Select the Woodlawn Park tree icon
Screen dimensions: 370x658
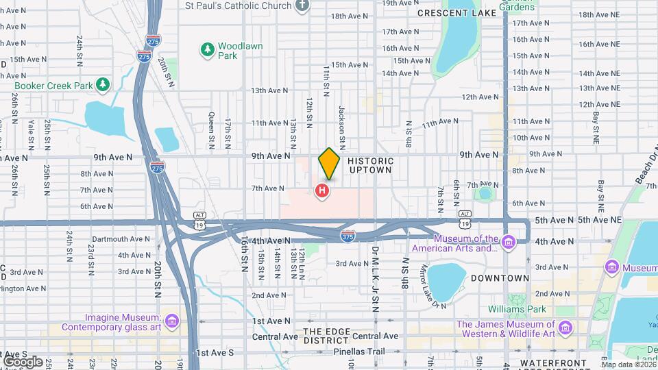pos(207,49)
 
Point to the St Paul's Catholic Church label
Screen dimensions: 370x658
pos(239,5)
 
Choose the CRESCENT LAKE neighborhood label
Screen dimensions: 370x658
pos(447,13)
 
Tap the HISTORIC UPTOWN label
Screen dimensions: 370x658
pos(370,165)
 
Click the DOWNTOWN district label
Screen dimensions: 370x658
pos(500,278)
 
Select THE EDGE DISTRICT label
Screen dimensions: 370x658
pos(327,336)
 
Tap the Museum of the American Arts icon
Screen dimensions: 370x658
pos(507,243)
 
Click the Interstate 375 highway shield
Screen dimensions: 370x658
pos(348,236)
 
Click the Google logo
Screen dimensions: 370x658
pos(23,361)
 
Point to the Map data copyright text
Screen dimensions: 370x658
pos(627,365)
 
